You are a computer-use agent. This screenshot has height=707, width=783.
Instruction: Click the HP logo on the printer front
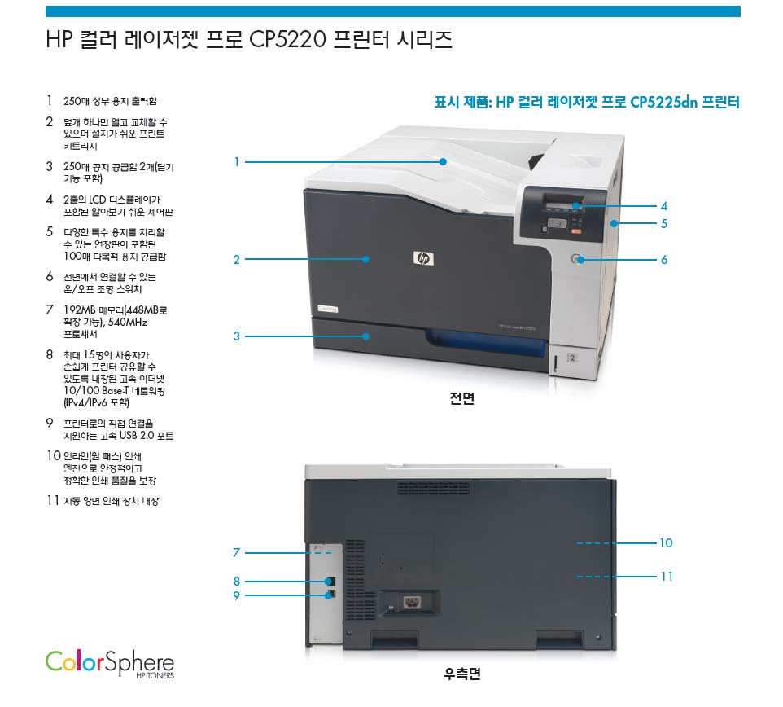[423, 258]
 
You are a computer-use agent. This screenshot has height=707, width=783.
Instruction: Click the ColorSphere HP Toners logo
[110, 664]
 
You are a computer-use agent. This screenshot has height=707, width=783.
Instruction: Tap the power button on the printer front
[577, 259]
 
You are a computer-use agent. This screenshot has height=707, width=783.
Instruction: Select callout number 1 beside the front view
[237, 162]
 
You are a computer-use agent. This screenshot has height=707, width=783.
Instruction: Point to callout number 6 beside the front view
[664, 259]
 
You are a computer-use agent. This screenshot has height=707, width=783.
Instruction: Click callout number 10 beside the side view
[666, 543]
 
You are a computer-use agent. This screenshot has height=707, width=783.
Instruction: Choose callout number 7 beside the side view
[237, 552]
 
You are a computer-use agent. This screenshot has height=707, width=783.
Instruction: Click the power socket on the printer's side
[412, 602]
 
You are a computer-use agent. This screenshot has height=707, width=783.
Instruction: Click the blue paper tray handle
[487, 343]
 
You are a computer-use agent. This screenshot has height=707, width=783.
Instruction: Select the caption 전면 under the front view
[462, 398]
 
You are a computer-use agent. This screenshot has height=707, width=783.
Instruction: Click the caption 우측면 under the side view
[462, 674]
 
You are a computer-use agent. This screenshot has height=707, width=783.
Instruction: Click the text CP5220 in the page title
[287, 39]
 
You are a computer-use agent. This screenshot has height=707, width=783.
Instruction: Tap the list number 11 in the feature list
[53, 500]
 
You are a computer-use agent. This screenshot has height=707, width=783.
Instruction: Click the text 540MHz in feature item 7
[128, 323]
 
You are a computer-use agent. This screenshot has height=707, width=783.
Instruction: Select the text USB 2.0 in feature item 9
[136, 436]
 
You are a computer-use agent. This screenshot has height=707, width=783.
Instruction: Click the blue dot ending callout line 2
[366, 259]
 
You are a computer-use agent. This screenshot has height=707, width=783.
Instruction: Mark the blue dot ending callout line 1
[443, 162]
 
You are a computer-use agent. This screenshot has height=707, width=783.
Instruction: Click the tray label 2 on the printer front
[572, 358]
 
